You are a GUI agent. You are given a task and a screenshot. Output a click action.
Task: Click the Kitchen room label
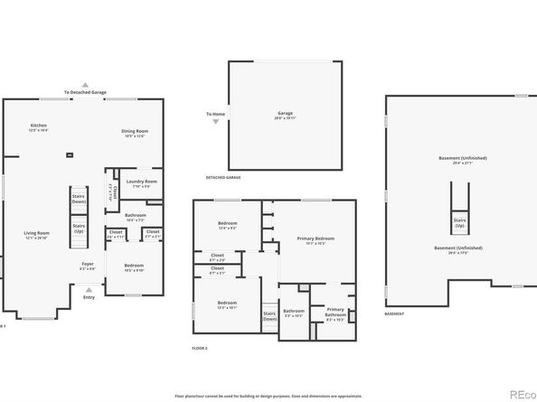tap(39, 127)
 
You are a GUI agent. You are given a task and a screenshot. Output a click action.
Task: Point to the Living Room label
tap(36, 235)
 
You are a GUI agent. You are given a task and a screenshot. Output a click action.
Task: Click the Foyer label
tap(88, 266)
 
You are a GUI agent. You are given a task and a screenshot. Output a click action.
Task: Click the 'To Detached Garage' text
tap(85, 92)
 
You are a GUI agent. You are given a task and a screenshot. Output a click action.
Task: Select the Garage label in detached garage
tap(285, 116)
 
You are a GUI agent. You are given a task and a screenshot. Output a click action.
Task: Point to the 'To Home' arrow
tap(215, 120)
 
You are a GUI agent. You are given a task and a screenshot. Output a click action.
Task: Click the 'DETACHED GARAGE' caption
tap(222, 178)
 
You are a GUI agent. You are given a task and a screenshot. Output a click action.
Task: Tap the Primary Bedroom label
tap(310, 240)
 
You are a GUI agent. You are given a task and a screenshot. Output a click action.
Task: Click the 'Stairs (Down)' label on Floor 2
tap(269, 317)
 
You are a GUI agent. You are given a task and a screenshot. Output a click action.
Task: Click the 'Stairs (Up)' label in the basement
tap(459, 222)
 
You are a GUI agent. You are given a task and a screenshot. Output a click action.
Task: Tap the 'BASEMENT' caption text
tap(394, 314)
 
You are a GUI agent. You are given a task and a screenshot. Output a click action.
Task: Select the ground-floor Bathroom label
tap(135, 218)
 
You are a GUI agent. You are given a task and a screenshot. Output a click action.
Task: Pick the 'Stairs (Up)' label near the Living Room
tap(79, 228)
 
